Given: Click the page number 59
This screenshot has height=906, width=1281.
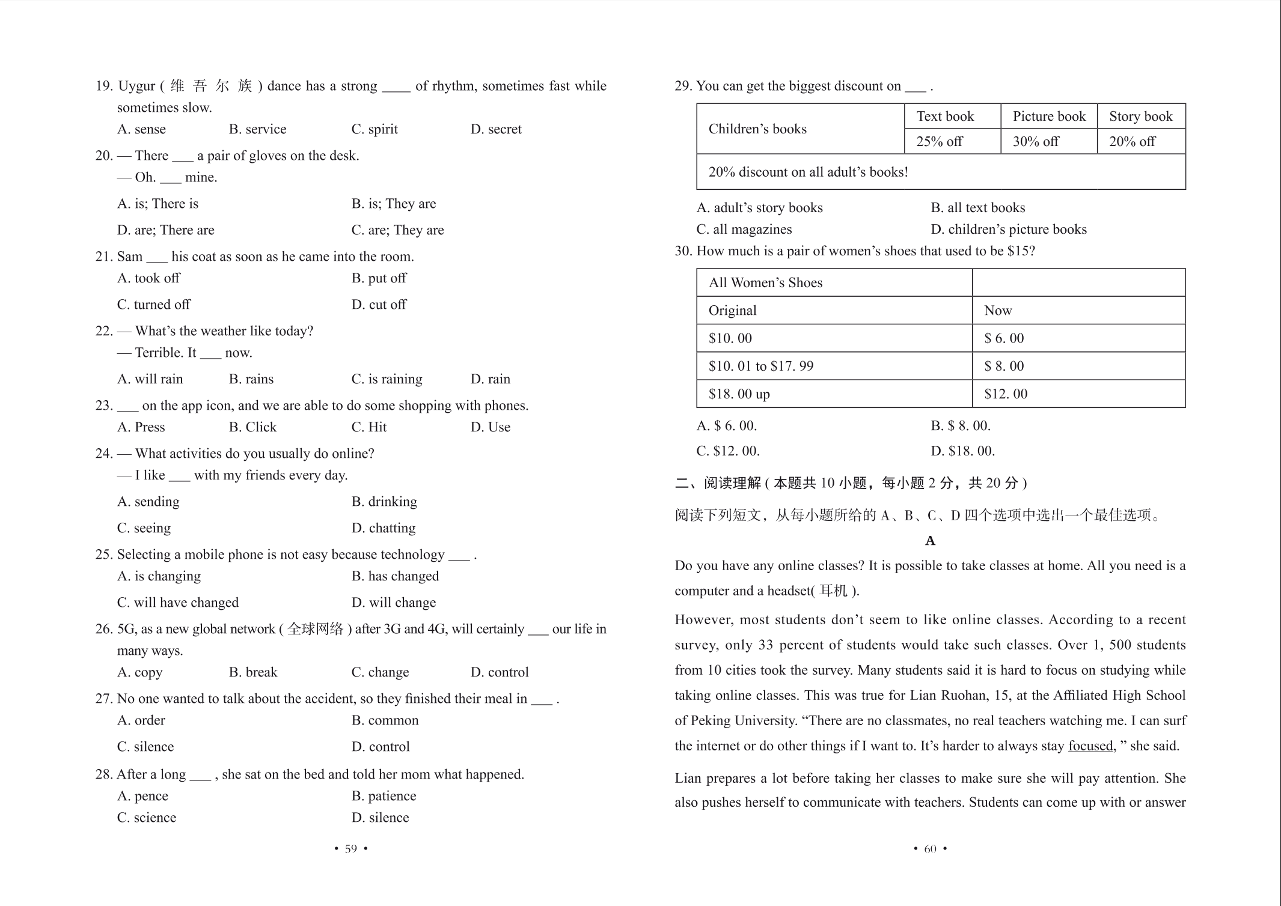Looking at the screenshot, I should coord(351,849).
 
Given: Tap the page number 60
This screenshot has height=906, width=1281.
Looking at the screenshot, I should coord(930,849).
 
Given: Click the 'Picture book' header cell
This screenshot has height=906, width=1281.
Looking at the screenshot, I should coord(1048,117).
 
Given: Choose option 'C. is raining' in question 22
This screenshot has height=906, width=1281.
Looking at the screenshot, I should coord(387,379).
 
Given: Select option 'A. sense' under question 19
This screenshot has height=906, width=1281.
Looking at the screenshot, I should coord(141,129).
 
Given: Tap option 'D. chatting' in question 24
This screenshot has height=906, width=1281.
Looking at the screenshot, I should coord(384,528).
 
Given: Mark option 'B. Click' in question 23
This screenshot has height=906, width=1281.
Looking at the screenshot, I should coord(252,427).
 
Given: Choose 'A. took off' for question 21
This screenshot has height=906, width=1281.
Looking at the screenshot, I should coord(148,278).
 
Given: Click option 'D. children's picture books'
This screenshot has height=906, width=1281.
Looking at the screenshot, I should coord(1009,230).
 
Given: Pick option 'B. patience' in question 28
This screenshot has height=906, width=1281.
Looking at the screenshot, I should coord(384,796).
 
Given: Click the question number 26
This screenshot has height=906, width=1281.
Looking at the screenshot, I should coord(104,629).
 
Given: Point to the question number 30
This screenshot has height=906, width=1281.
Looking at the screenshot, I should coord(683,251).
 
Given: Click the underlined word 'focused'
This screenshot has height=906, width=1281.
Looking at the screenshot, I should coord(1090,746).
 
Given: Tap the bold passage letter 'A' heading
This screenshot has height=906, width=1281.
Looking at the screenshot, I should coord(930,541).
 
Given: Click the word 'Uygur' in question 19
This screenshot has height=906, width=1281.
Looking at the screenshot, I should coord(136,86).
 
